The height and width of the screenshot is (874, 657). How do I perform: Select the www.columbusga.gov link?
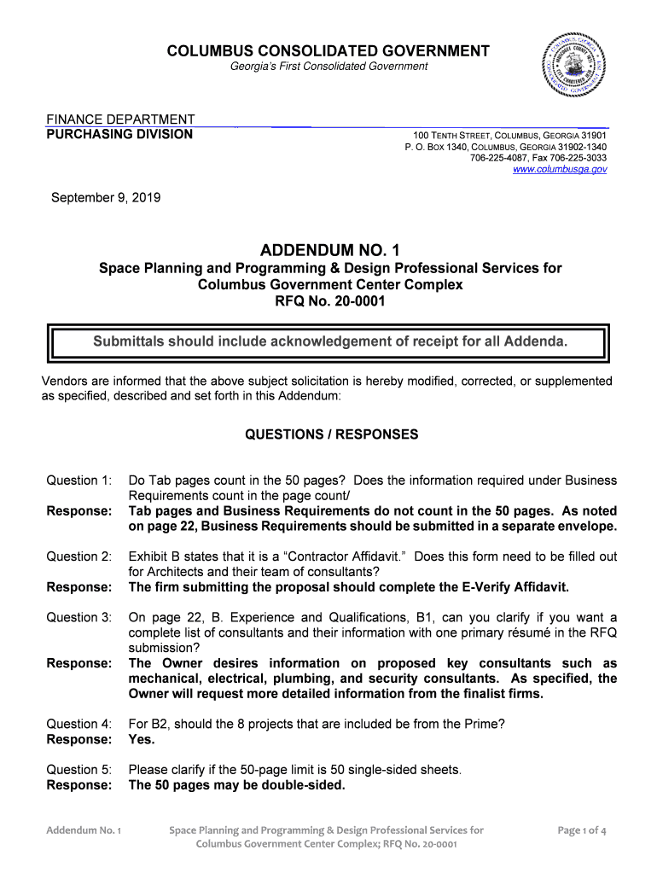pos(560,170)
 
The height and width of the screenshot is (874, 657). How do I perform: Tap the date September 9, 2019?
pos(106,199)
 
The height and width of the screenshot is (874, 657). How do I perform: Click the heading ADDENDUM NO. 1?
pos(328,250)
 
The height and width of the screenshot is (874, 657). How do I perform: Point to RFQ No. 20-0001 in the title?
pos(329,301)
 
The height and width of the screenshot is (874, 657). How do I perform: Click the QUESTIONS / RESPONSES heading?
pos(331,434)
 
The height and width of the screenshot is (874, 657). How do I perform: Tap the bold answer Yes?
pos(142,740)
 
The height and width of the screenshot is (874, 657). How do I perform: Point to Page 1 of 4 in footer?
pos(581,830)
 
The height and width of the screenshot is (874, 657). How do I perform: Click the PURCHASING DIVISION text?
pos(119,134)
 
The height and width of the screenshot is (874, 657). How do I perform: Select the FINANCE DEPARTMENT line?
pos(119,119)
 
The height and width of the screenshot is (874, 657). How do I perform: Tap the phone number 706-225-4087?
pos(502,158)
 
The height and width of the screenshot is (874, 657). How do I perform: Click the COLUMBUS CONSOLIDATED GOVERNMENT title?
pos(328,51)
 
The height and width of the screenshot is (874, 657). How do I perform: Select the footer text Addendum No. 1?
pos(84,830)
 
